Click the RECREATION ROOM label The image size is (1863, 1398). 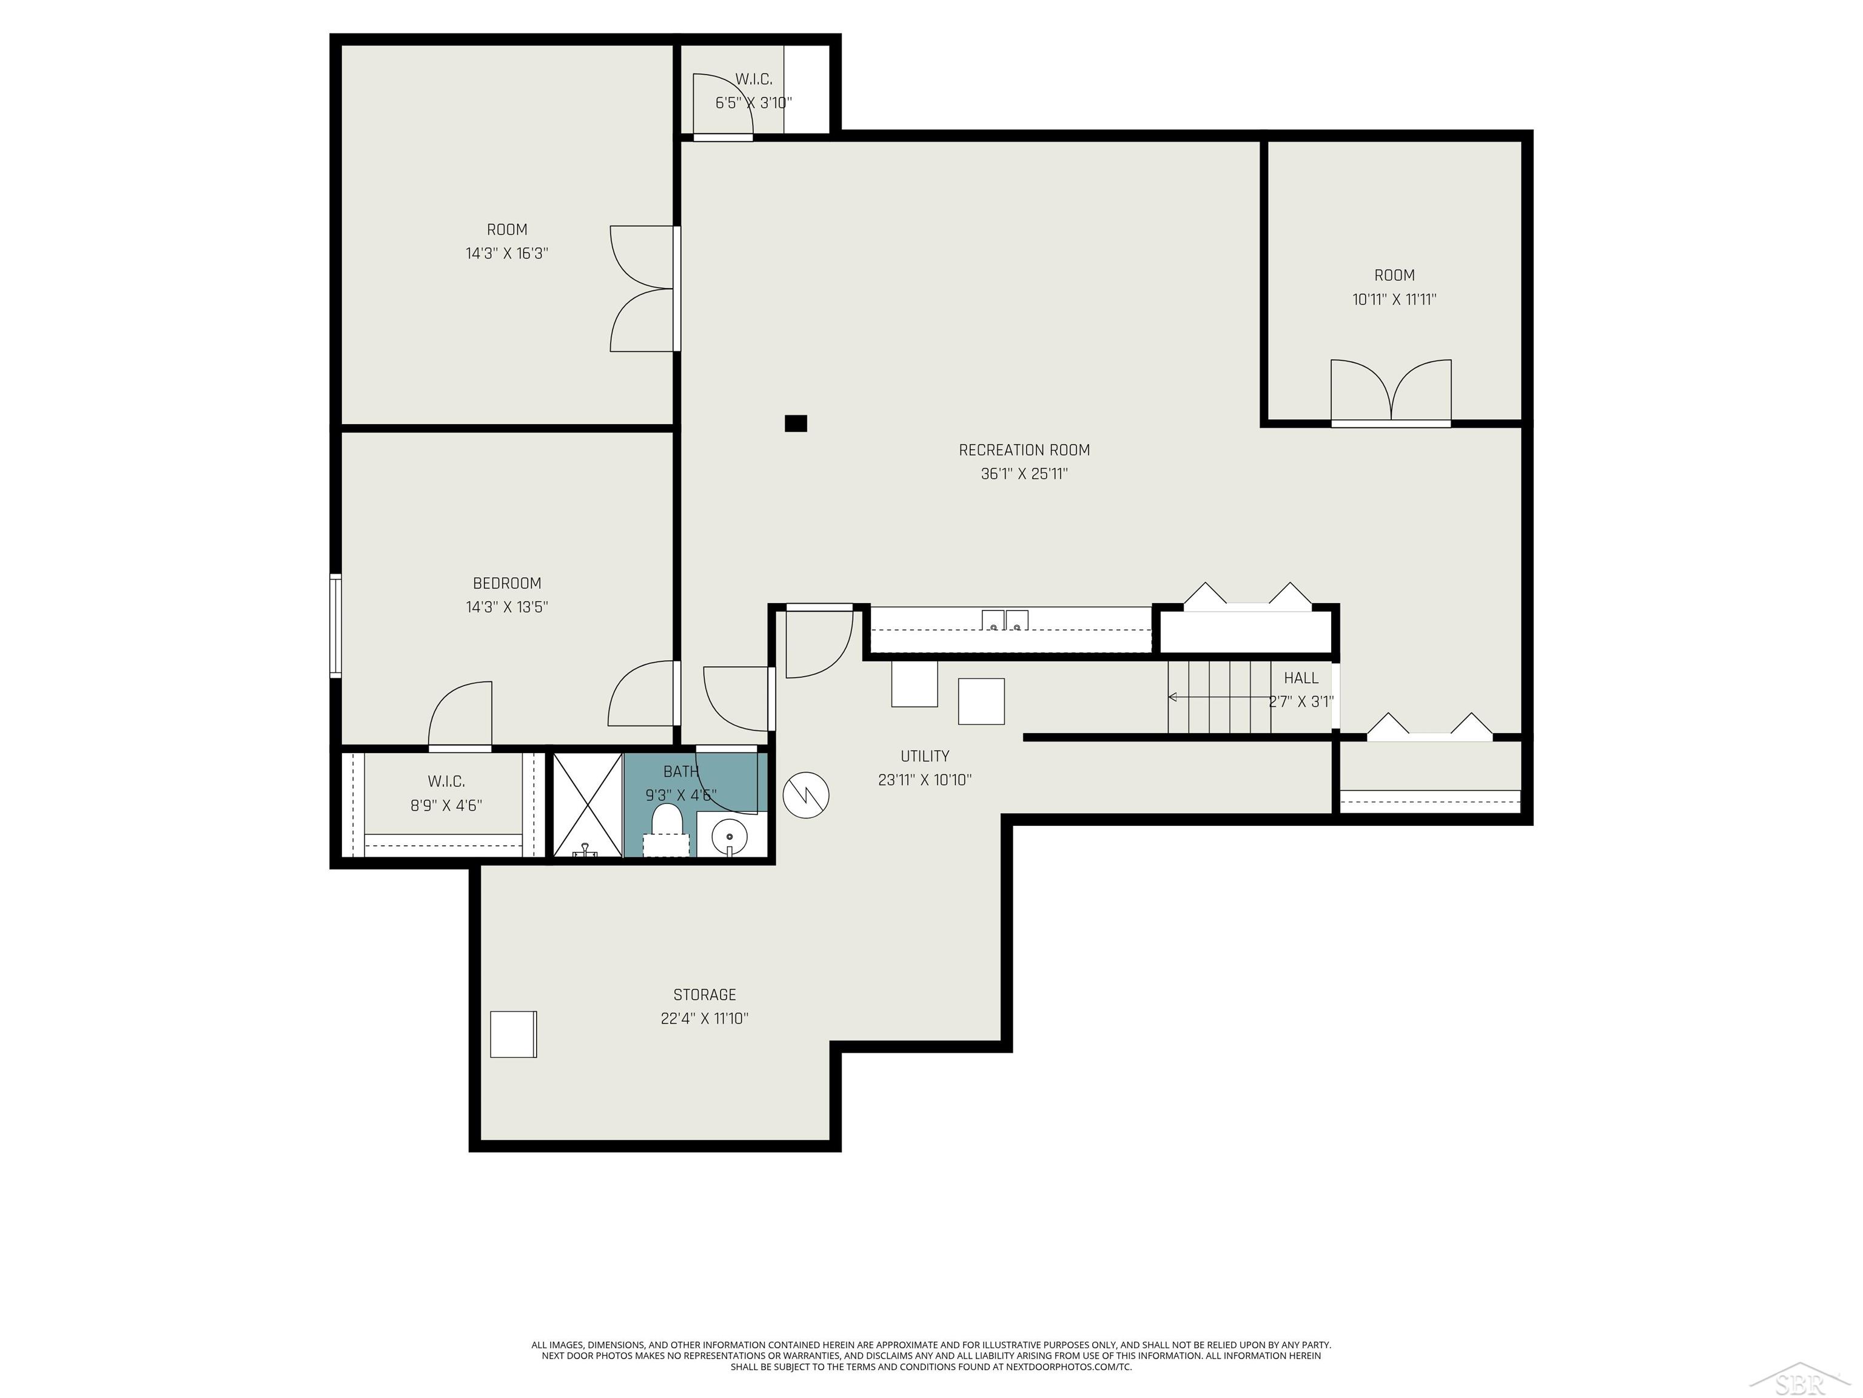coord(1024,450)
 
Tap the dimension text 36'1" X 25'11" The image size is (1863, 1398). coord(1024,473)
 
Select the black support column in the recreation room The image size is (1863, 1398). coord(796,423)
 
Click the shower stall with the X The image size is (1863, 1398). coord(587,805)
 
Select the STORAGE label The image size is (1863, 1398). coord(705,994)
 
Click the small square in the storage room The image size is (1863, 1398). coord(513,1034)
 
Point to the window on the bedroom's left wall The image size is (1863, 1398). coord(335,624)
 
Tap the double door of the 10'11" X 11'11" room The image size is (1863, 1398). coord(1391,392)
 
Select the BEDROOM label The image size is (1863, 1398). coord(507,583)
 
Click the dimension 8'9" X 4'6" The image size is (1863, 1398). coord(446,805)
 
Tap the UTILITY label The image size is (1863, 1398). coord(925,756)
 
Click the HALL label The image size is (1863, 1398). coord(1301,678)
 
